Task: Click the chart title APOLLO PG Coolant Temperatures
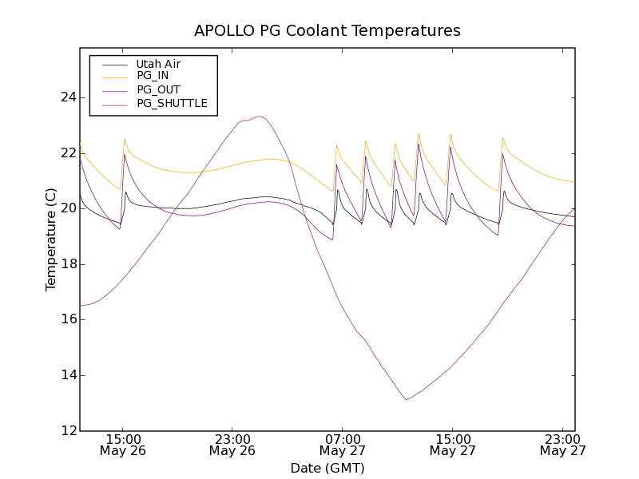(x=327, y=31)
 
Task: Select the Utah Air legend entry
(x=158, y=64)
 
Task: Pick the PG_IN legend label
(x=153, y=76)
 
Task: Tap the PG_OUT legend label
(x=158, y=89)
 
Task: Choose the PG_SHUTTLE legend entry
(x=172, y=103)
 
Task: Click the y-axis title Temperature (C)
(x=51, y=239)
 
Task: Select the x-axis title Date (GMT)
(x=327, y=468)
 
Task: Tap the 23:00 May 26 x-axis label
(x=232, y=445)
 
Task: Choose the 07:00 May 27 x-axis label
(x=342, y=445)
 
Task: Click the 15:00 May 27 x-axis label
(x=452, y=445)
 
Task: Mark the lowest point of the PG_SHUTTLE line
(x=407, y=399)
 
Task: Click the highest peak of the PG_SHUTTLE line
(x=259, y=117)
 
